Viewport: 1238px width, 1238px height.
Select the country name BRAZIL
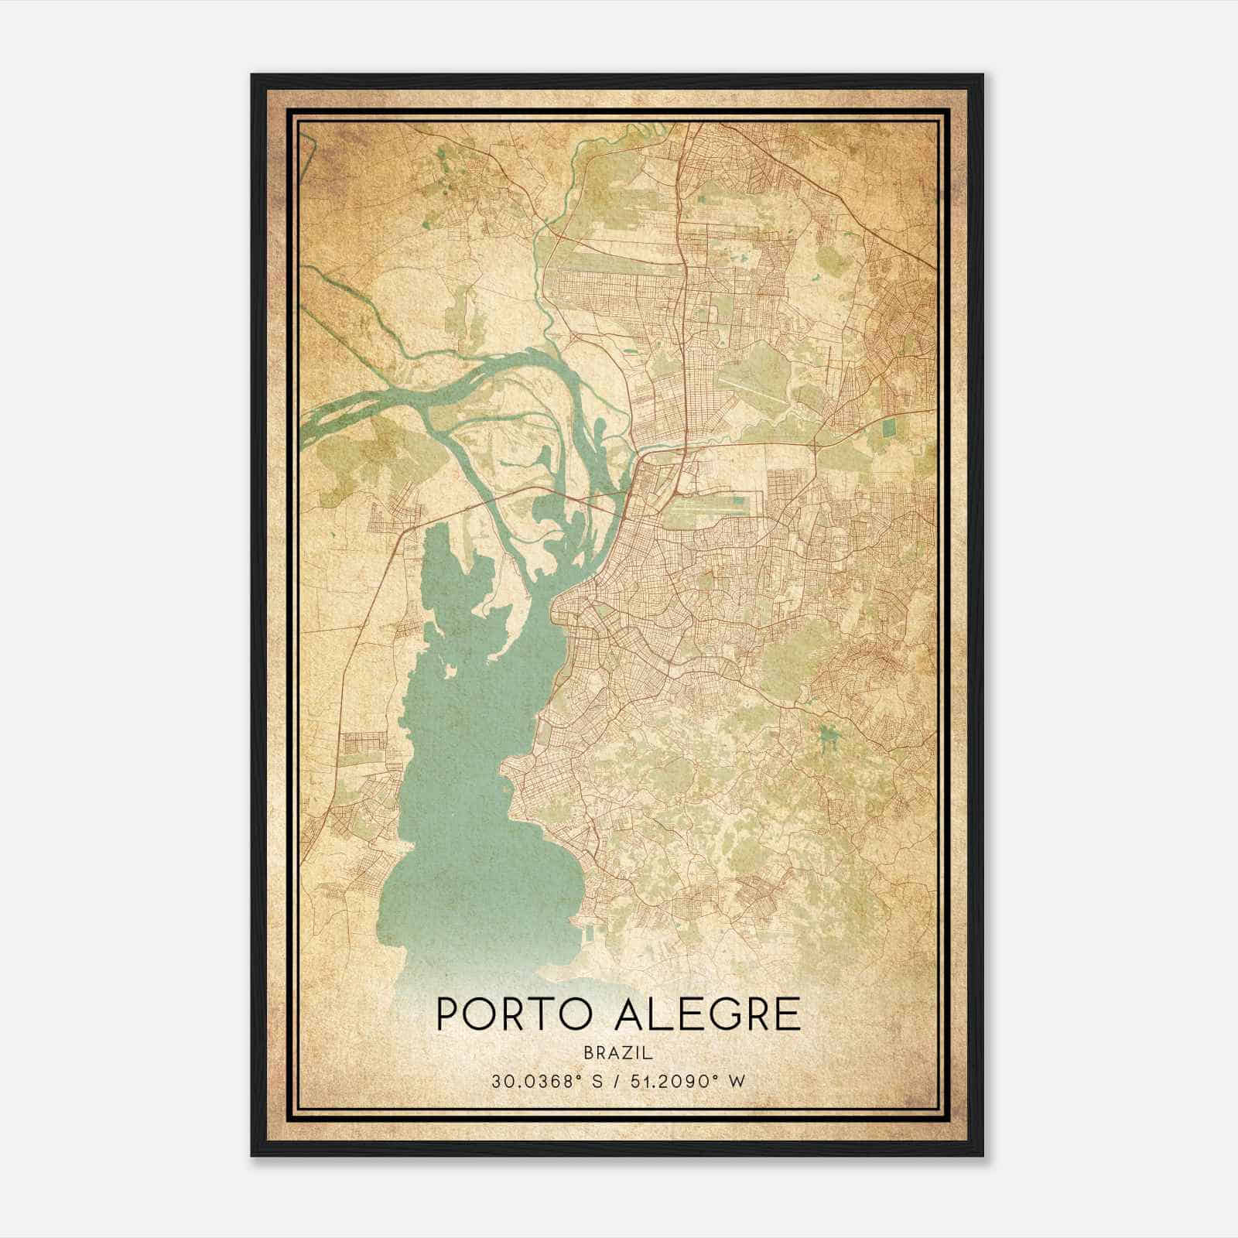pos(618,1054)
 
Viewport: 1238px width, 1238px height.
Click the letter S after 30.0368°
pos(597,1082)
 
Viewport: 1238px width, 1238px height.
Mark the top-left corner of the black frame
pos(252,75)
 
